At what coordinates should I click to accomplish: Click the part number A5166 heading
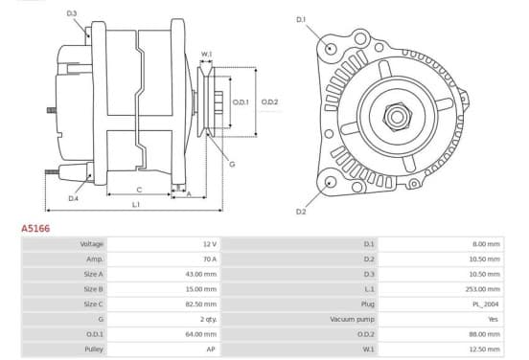(35, 229)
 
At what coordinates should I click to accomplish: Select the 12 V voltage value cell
(210, 244)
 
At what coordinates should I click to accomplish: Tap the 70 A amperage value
(210, 259)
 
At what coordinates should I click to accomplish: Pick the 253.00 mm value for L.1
(484, 289)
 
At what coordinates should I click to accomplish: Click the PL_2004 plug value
(486, 304)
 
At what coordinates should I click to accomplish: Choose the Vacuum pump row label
(353, 319)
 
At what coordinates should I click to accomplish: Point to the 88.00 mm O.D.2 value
(484, 334)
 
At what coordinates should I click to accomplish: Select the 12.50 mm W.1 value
(484, 349)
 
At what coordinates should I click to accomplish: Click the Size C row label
(94, 304)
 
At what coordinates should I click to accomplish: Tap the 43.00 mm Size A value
(201, 275)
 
